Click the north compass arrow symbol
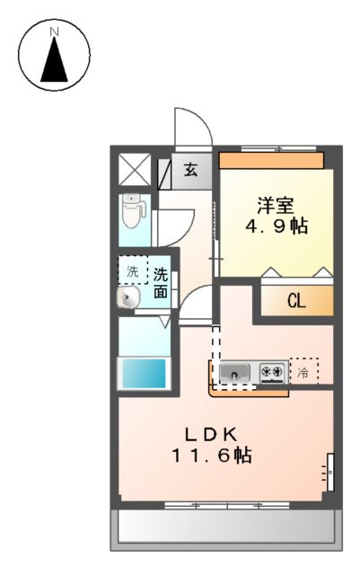point(55,63)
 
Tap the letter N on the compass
point(54,32)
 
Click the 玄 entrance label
point(191,169)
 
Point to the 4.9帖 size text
point(277,226)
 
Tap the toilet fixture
point(133,213)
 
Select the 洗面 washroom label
point(160,282)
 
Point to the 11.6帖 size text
point(212,456)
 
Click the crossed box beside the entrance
point(136,169)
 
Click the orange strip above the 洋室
point(271,160)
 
